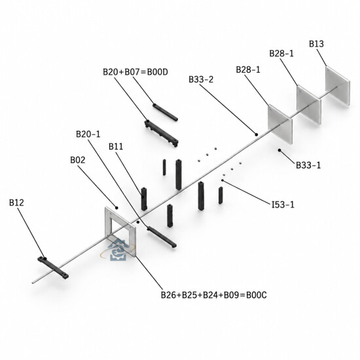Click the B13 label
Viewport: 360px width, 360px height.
[316, 44]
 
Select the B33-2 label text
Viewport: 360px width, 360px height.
[201, 79]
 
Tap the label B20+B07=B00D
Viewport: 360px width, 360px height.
[135, 72]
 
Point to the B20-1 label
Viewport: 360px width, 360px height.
[88, 134]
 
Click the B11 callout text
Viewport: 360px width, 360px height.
[116, 147]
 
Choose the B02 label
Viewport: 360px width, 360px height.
[78, 160]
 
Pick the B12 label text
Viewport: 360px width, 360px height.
[16, 202]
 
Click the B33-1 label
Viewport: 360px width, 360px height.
[308, 165]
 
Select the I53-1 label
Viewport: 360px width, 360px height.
[283, 204]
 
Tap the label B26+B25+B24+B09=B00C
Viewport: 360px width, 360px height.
[214, 295]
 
